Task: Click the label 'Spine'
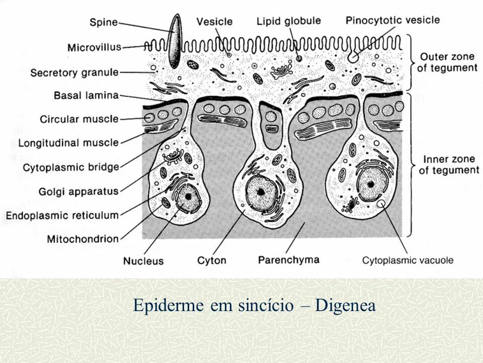click(103, 22)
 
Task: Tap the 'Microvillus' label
click(94, 47)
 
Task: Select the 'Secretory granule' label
click(74, 73)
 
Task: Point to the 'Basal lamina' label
click(86, 95)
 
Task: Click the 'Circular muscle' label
click(79, 119)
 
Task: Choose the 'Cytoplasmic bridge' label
click(71, 167)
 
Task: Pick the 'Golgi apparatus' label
click(78, 191)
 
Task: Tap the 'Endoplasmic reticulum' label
click(62, 215)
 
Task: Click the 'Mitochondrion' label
click(83, 238)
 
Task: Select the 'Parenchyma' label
click(289, 260)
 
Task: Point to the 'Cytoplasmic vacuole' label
click(408, 261)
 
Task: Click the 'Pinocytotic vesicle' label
click(392, 21)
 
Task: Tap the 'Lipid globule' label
click(288, 21)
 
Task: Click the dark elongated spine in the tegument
click(175, 41)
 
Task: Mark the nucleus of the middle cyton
click(261, 192)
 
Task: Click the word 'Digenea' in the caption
click(345, 306)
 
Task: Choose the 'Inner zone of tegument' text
click(449, 164)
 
